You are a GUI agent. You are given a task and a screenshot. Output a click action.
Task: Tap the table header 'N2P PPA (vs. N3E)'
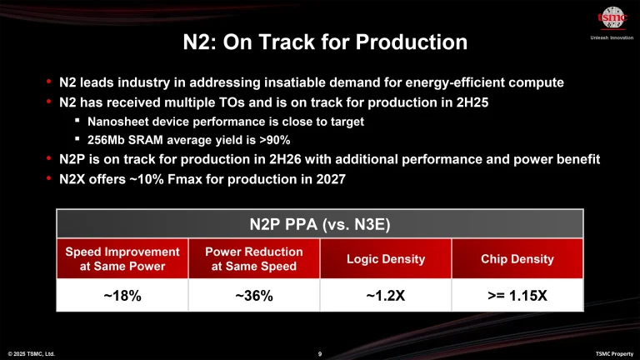(319, 222)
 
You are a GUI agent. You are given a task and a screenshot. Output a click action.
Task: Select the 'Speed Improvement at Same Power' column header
(122, 259)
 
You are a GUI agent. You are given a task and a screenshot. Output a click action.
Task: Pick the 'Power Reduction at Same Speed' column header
(254, 259)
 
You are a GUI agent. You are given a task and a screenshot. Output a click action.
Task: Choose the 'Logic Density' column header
(386, 259)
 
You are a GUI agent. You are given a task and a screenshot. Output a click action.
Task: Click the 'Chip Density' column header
(517, 259)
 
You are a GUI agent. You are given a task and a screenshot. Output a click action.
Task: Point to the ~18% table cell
(122, 295)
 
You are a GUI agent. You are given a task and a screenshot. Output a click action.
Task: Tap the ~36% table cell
(254, 295)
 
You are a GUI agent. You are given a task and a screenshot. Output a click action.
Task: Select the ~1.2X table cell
(386, 295)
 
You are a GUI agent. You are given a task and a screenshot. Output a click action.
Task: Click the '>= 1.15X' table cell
(517, 295)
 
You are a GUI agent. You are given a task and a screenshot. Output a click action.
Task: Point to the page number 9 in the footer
(320, 353)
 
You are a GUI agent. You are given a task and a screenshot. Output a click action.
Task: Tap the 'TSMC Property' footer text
(613, 353)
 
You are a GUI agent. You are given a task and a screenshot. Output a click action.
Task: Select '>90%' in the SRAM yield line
(272, 139)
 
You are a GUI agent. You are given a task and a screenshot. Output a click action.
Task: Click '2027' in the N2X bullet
(329, 177)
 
